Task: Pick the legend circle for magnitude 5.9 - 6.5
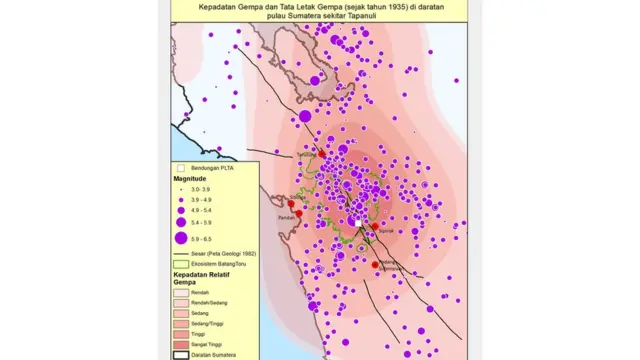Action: click(x=181, y=238)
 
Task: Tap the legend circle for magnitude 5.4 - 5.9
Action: click(x=181, y=222)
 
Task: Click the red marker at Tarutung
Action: click(x=322, y=152)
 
